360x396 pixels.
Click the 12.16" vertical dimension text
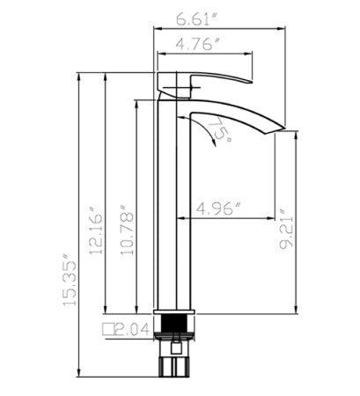(96, 231)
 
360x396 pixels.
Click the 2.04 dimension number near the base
(131, 330)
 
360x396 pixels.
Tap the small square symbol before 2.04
(109, 330)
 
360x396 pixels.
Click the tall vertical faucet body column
(173, 202)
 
